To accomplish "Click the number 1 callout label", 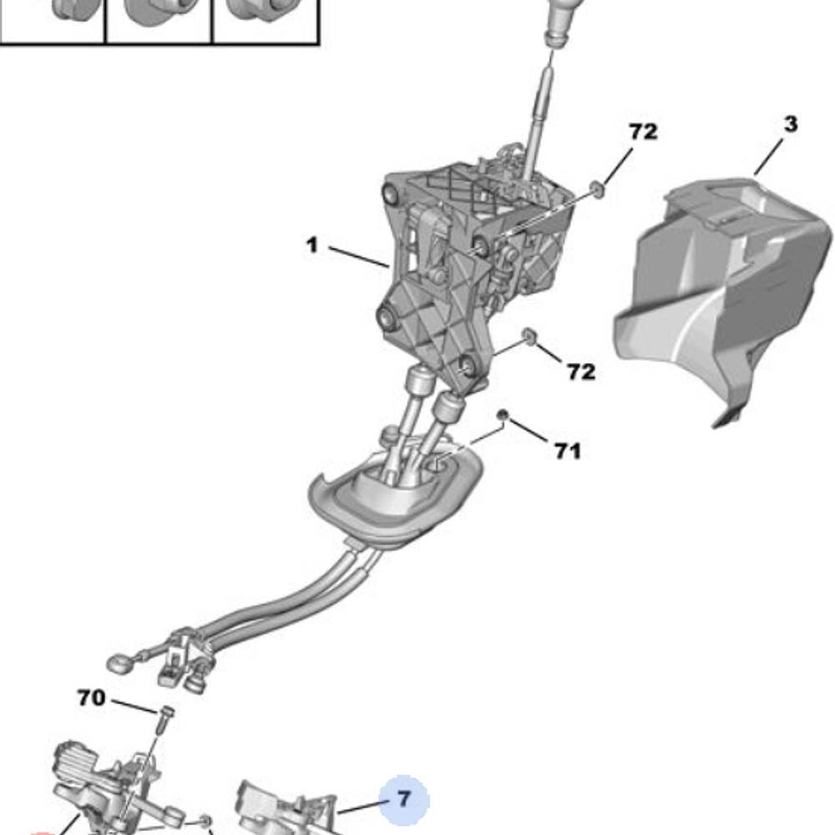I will [x=311, y=246].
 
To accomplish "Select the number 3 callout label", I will [x=790, y=125].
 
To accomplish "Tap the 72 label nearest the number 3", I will [x=643, y=132].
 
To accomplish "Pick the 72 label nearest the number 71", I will [x=581, y=372].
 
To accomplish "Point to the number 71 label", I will [x=568, y=451].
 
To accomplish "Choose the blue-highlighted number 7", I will [x=404, y=800].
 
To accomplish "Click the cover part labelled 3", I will [x=718, y=292].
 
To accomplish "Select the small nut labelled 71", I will [x=503, y=415].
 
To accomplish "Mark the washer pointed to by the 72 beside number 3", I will [x=598, y=189].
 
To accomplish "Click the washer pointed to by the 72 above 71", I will [x=528, y=336].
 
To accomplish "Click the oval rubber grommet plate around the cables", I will [x=392, y=501].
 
